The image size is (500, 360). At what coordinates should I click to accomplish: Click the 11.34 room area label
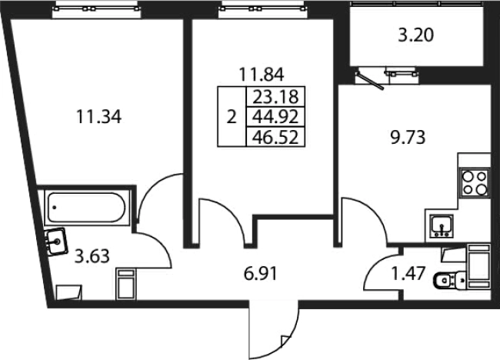click(x=99, y=117)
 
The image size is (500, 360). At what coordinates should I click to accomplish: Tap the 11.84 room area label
click(x=262, y=75)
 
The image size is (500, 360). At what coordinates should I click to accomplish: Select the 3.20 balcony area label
click(x=416, y=35)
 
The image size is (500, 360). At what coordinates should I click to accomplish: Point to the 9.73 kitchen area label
click(x=408, y=138)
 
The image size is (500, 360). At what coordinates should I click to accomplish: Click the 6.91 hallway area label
click(x=261, y=274)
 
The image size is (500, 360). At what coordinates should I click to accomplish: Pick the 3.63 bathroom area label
click(x=92, y=256)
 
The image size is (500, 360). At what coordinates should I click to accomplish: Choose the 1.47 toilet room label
click(x=408, y=274)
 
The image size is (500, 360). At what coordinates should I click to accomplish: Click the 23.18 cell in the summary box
click(x=276, y=97)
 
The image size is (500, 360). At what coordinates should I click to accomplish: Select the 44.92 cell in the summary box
click(x=276, y=117)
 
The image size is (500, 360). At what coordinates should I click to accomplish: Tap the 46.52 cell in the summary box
click(x=276, y=137)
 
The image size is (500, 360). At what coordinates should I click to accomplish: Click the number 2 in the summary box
click(x=232, y=118)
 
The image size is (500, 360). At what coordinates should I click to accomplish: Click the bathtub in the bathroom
click(x=87, y=208)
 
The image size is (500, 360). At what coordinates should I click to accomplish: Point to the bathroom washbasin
click(x=56, y=242)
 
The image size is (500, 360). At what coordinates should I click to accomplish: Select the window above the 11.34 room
click(x=96, y=9)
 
